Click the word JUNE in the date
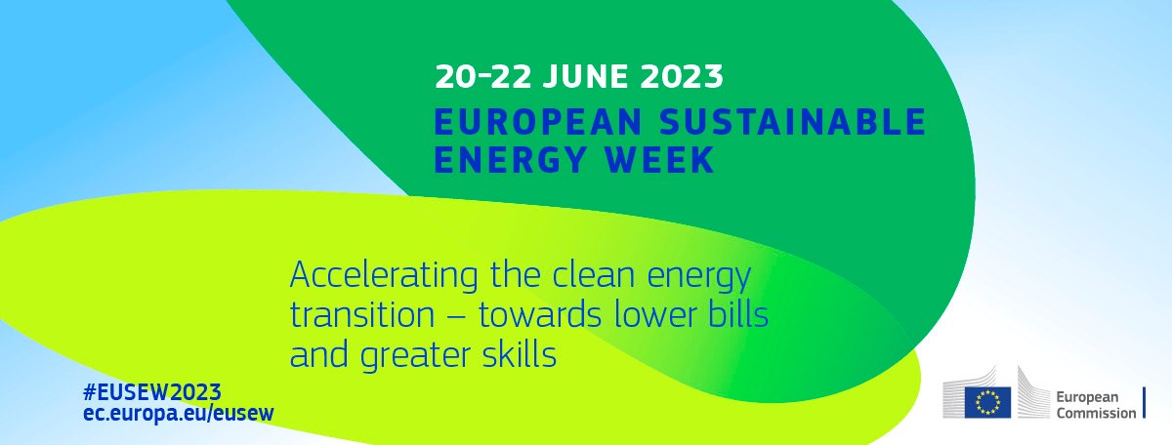click(x=584, y=76)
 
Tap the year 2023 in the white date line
click(x=682, y=76)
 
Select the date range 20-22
click(x=482, y=76)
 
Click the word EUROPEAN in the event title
click(x=538, y=121)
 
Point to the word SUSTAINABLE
click(x=793, y=121)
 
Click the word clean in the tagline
click(x=596, y=274)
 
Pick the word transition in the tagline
click(x=362, y=315)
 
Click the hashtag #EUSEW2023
click(x=152, y=392)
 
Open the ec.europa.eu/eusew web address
click(x=179, y=413)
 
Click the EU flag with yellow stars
click(x=987, y=403)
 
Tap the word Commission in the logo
click(x=1096, y=413)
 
